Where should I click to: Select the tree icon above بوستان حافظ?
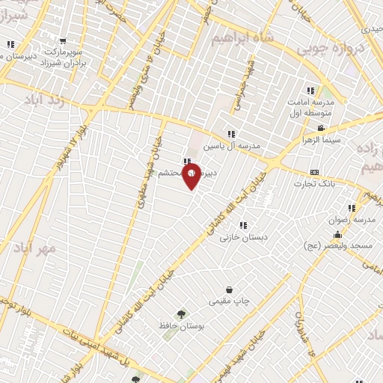pos(180,314)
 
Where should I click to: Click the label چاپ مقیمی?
pos(228,301)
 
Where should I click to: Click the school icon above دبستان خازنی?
pos(242,224)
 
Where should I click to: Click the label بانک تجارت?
pos(313,183)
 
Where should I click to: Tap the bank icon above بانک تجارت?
pos(313,172)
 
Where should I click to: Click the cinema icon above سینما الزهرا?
pos(320,129)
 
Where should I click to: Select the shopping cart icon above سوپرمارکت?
pos(63,42)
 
